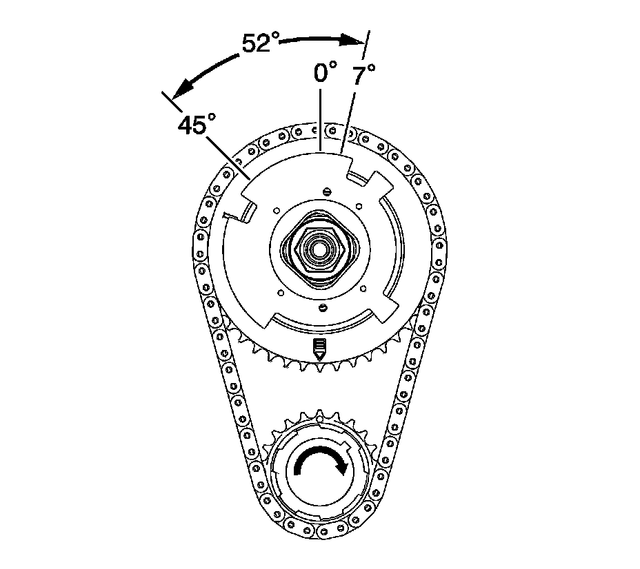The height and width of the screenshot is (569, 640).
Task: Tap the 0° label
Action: click(325, 72)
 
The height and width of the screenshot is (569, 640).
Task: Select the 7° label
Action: click(363, 75)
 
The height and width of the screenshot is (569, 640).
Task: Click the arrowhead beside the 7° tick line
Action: click(356, 42)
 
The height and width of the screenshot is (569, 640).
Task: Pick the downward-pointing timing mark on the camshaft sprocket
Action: click(319, 347)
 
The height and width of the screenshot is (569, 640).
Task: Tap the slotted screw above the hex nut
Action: click(326, 191)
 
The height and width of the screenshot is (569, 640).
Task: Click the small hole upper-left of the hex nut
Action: click(275, 211)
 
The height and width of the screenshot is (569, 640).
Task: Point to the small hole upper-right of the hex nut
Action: click(359, 205)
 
